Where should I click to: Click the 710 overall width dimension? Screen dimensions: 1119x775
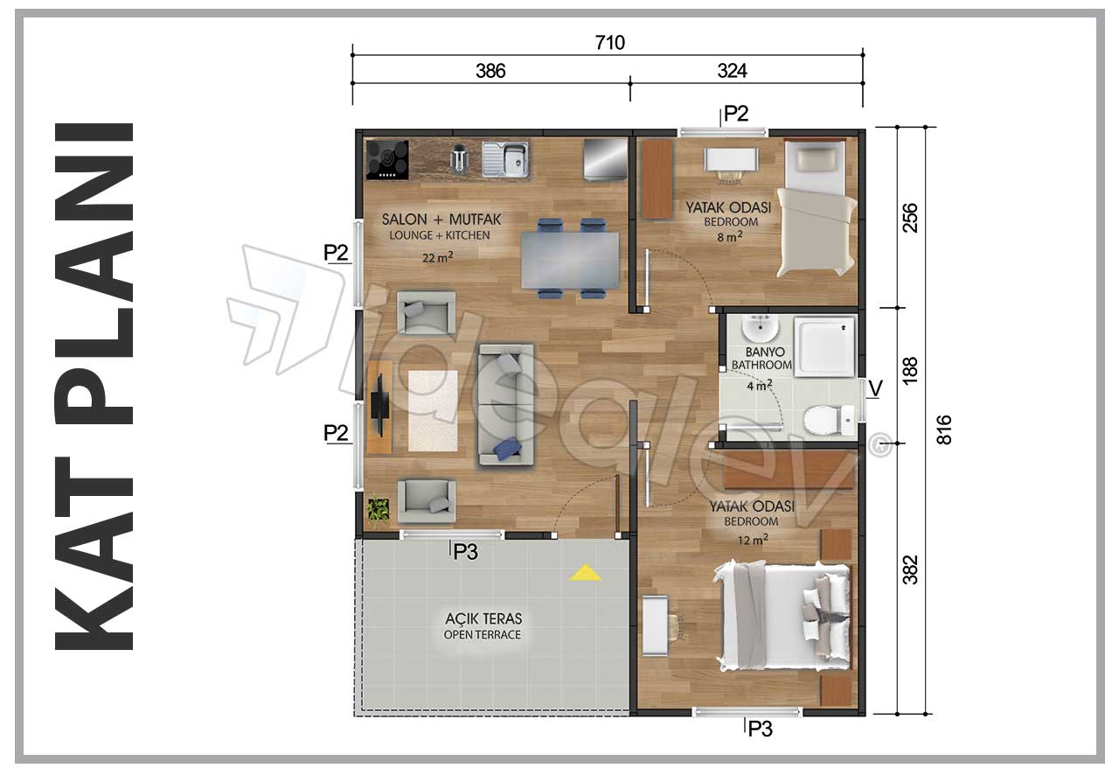[610, 43]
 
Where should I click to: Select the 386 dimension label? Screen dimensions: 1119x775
[490, 71]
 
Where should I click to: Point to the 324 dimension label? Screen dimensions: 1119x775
[733, 71]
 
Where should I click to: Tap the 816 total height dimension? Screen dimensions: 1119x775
[943, 430]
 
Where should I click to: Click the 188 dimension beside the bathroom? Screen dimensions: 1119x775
[910, 371]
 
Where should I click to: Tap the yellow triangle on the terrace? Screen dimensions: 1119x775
[586, 572]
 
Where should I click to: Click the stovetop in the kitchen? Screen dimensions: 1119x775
[387, 159]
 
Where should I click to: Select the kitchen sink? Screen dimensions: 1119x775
[505, 159]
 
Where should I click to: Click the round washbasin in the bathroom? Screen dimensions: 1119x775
[760, 329]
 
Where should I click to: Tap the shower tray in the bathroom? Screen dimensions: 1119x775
[824, 346]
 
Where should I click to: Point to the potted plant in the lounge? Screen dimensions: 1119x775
[379, 510]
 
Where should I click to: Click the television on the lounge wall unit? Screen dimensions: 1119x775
[379, 406]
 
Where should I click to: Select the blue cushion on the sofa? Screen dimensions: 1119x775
[507, 448]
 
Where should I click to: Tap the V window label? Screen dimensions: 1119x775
[875, 388]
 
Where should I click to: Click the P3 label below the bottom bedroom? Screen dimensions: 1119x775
[761, 730]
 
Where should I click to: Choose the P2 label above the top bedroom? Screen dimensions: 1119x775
[736, 114]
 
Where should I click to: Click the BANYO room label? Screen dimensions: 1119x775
[765, 352]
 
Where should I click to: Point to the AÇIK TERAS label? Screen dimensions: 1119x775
[483, 618]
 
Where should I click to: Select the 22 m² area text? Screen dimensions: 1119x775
[438, 257]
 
